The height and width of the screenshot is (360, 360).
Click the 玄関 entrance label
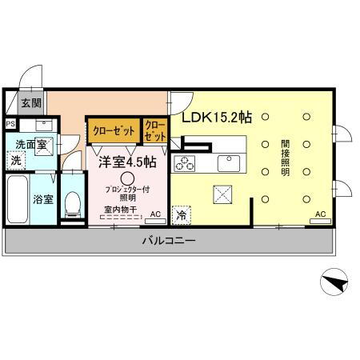[x=30, y=102]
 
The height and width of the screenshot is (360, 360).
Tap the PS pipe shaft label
[x=10, y=123]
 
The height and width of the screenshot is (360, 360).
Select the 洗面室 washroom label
[x=30, y=144]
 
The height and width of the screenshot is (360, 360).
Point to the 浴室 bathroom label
[x=43, y=199]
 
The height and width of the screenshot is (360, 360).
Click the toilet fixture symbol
[x=71, y=203]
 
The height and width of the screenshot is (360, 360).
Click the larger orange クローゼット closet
[x=113, y=130]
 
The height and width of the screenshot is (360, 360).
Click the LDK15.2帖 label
[x=216, y=117]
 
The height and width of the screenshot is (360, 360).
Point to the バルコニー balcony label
[x=169, y=241]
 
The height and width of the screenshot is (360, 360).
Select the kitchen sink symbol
[x=229, y=163]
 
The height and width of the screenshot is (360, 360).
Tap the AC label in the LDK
[x=320, y=214]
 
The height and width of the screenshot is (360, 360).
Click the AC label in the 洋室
[x=155, y=213]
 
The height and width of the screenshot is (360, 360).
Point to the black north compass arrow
[x=334, y=281]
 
